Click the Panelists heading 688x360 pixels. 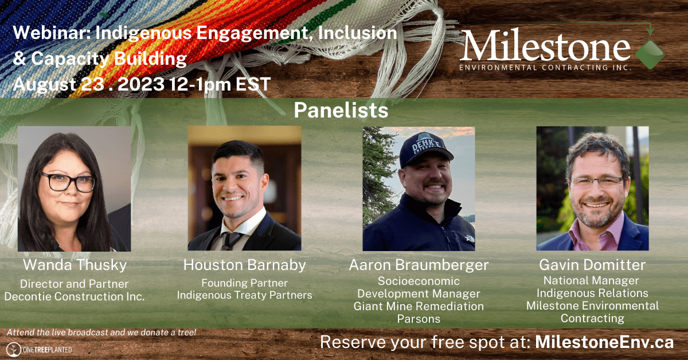[341, 110]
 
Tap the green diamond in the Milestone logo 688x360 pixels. [650, 54]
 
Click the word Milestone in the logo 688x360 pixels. [545, 45]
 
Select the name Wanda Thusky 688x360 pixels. [75, 265]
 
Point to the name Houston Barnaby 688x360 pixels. [244, 265]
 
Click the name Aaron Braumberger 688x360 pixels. [419, 265]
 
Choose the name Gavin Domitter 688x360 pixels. [592, 265]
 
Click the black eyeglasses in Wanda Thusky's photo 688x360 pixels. [68, 182]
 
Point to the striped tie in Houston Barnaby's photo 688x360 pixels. [229, 241]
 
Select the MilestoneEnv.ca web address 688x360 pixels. [604, 342]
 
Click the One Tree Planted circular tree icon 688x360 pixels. [14, 350]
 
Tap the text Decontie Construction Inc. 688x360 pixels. [75, 297]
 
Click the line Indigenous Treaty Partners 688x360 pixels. [244, 295]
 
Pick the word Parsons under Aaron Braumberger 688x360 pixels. [419, 319]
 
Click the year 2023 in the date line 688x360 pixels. [141, 84]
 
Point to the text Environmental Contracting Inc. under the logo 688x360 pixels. [545, 68]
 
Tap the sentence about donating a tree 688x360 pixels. [101, 332]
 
